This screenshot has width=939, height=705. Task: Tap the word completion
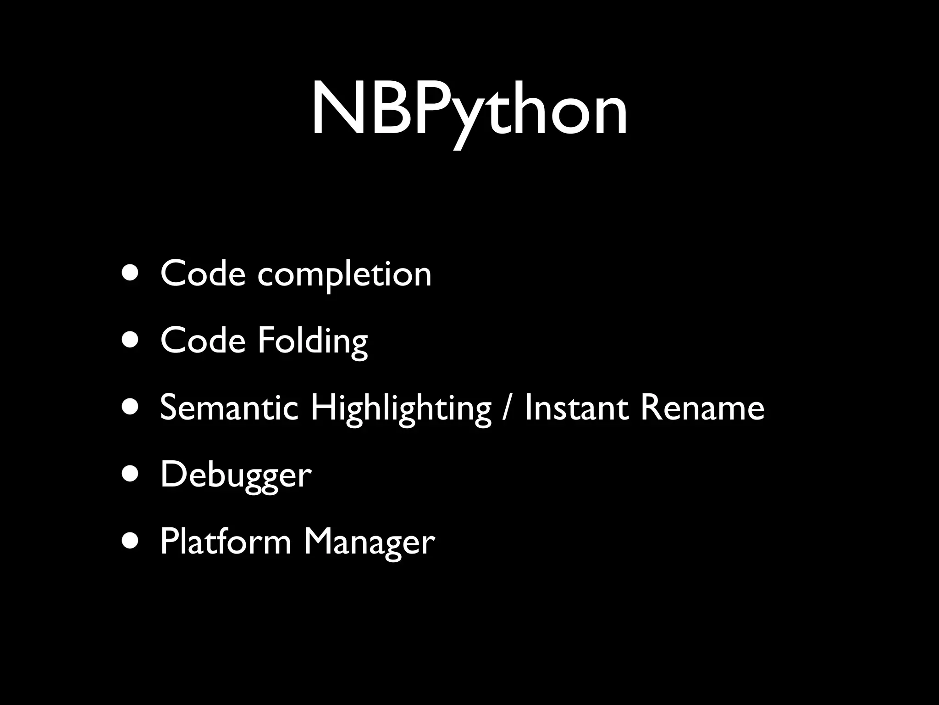point(344,274)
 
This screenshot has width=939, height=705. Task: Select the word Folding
point(313,341)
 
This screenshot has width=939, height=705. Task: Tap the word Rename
point(702,408)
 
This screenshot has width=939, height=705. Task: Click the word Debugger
point(236,476)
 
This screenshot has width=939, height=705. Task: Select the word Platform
point(226,542)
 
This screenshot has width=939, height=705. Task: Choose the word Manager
point(369,543)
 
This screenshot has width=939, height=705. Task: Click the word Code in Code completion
point(203,274)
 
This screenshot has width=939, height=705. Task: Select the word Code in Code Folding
point(203,341)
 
